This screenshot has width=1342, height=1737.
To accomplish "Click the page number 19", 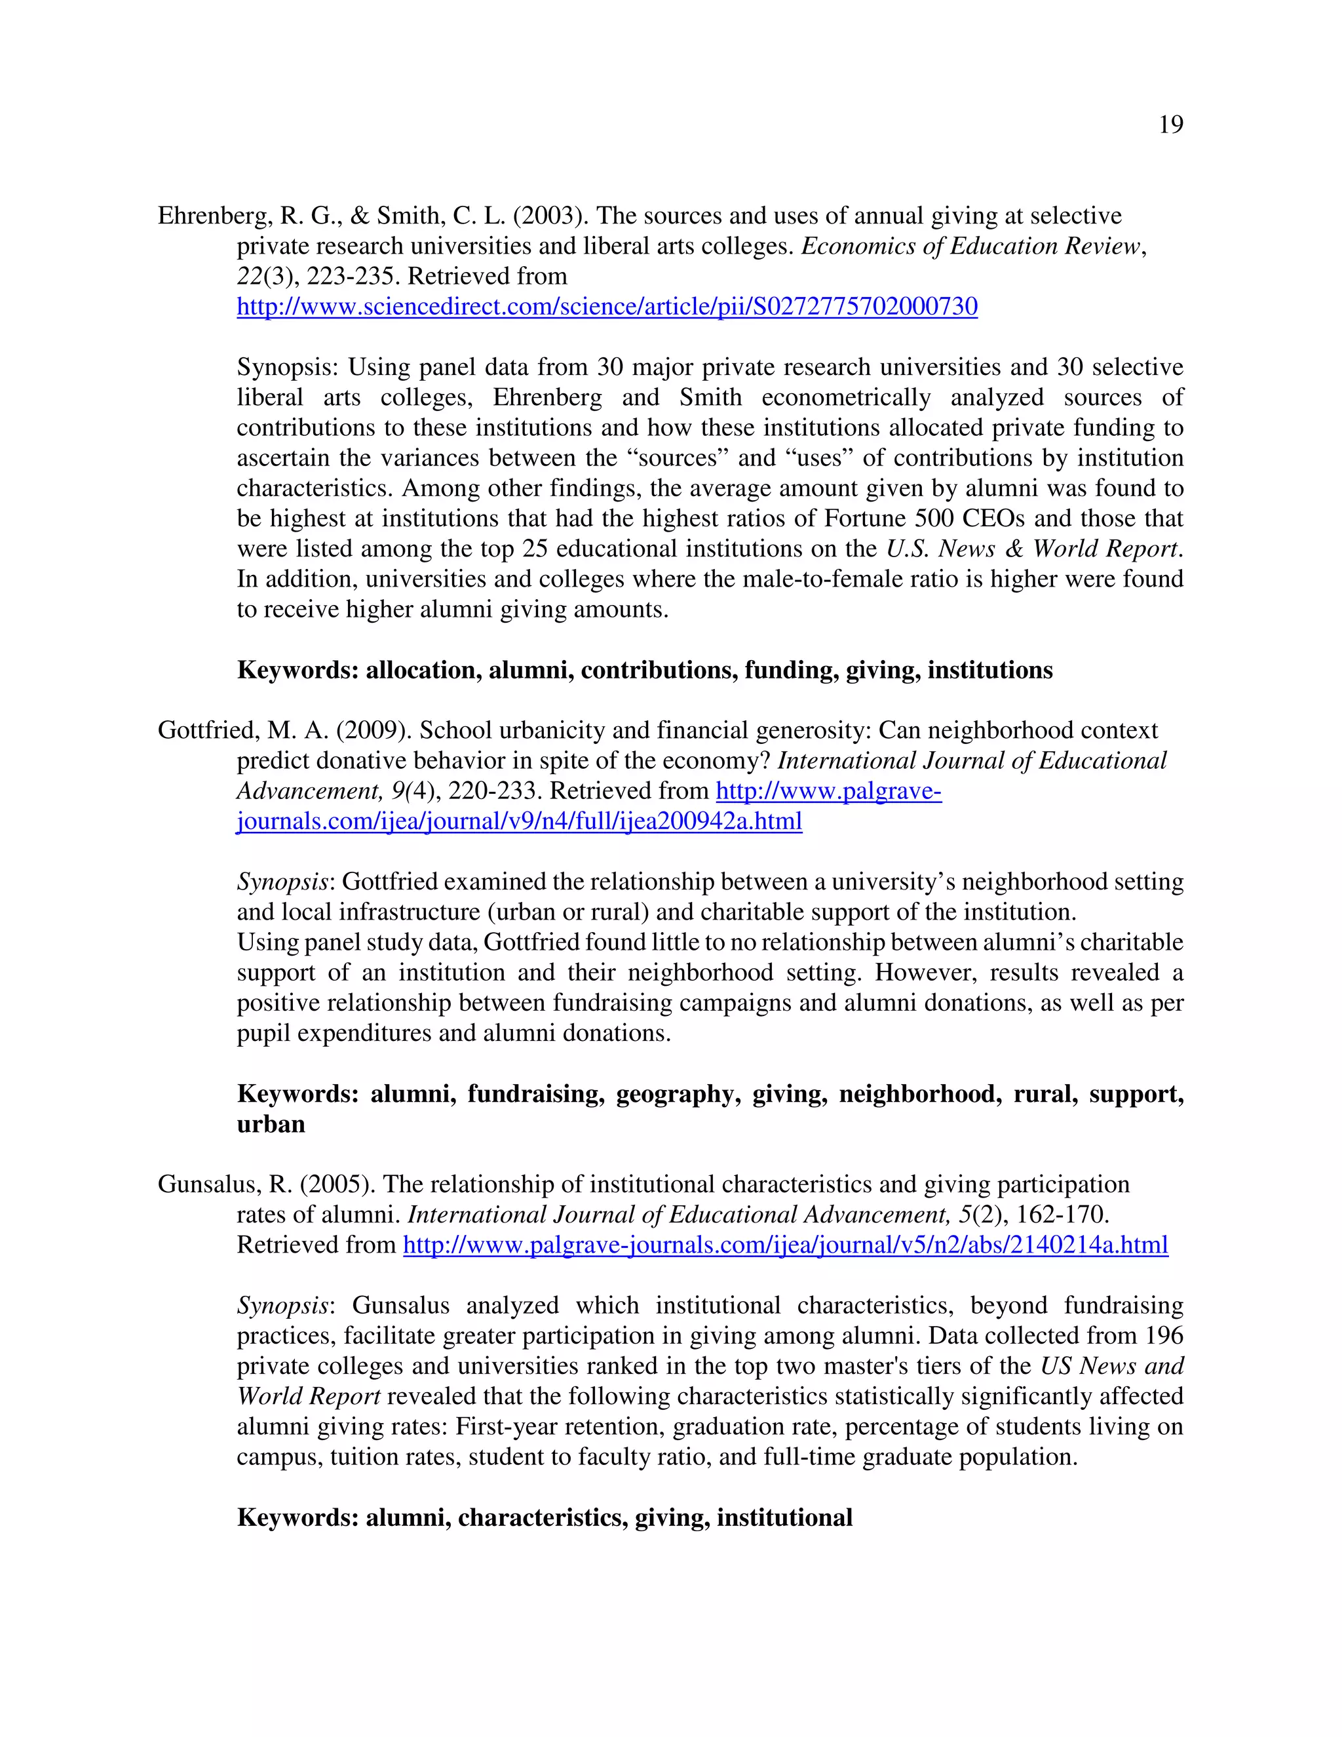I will pos(1170,125).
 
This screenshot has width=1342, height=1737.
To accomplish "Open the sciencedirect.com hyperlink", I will pos(607,306).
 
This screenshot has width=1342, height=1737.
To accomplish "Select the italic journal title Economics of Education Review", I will pos(970,246).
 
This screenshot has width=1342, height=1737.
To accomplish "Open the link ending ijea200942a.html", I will pos(519,821).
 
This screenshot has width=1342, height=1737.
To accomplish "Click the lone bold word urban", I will pos(271,1125).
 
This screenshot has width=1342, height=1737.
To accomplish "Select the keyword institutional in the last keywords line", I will pos(784,1518).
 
